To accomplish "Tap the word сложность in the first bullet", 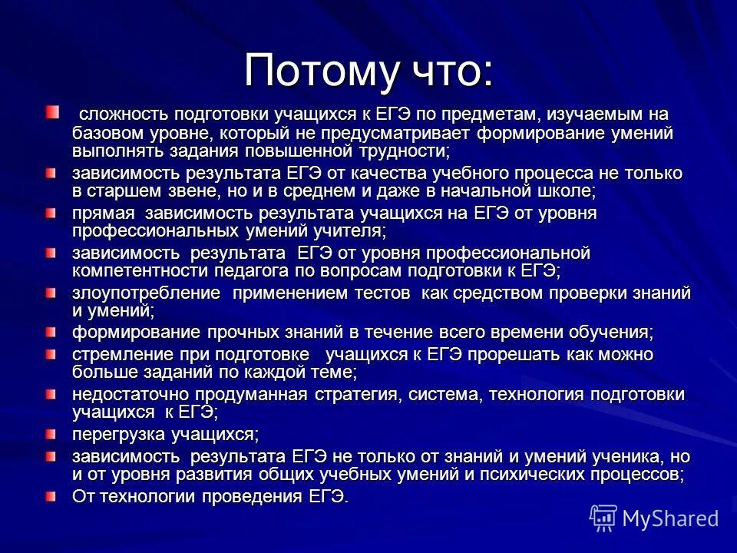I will [122, 114].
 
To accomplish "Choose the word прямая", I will [104, 213].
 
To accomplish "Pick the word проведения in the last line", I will [244, 497].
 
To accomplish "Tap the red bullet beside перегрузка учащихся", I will [51, 435].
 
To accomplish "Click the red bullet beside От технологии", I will [51, 496].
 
